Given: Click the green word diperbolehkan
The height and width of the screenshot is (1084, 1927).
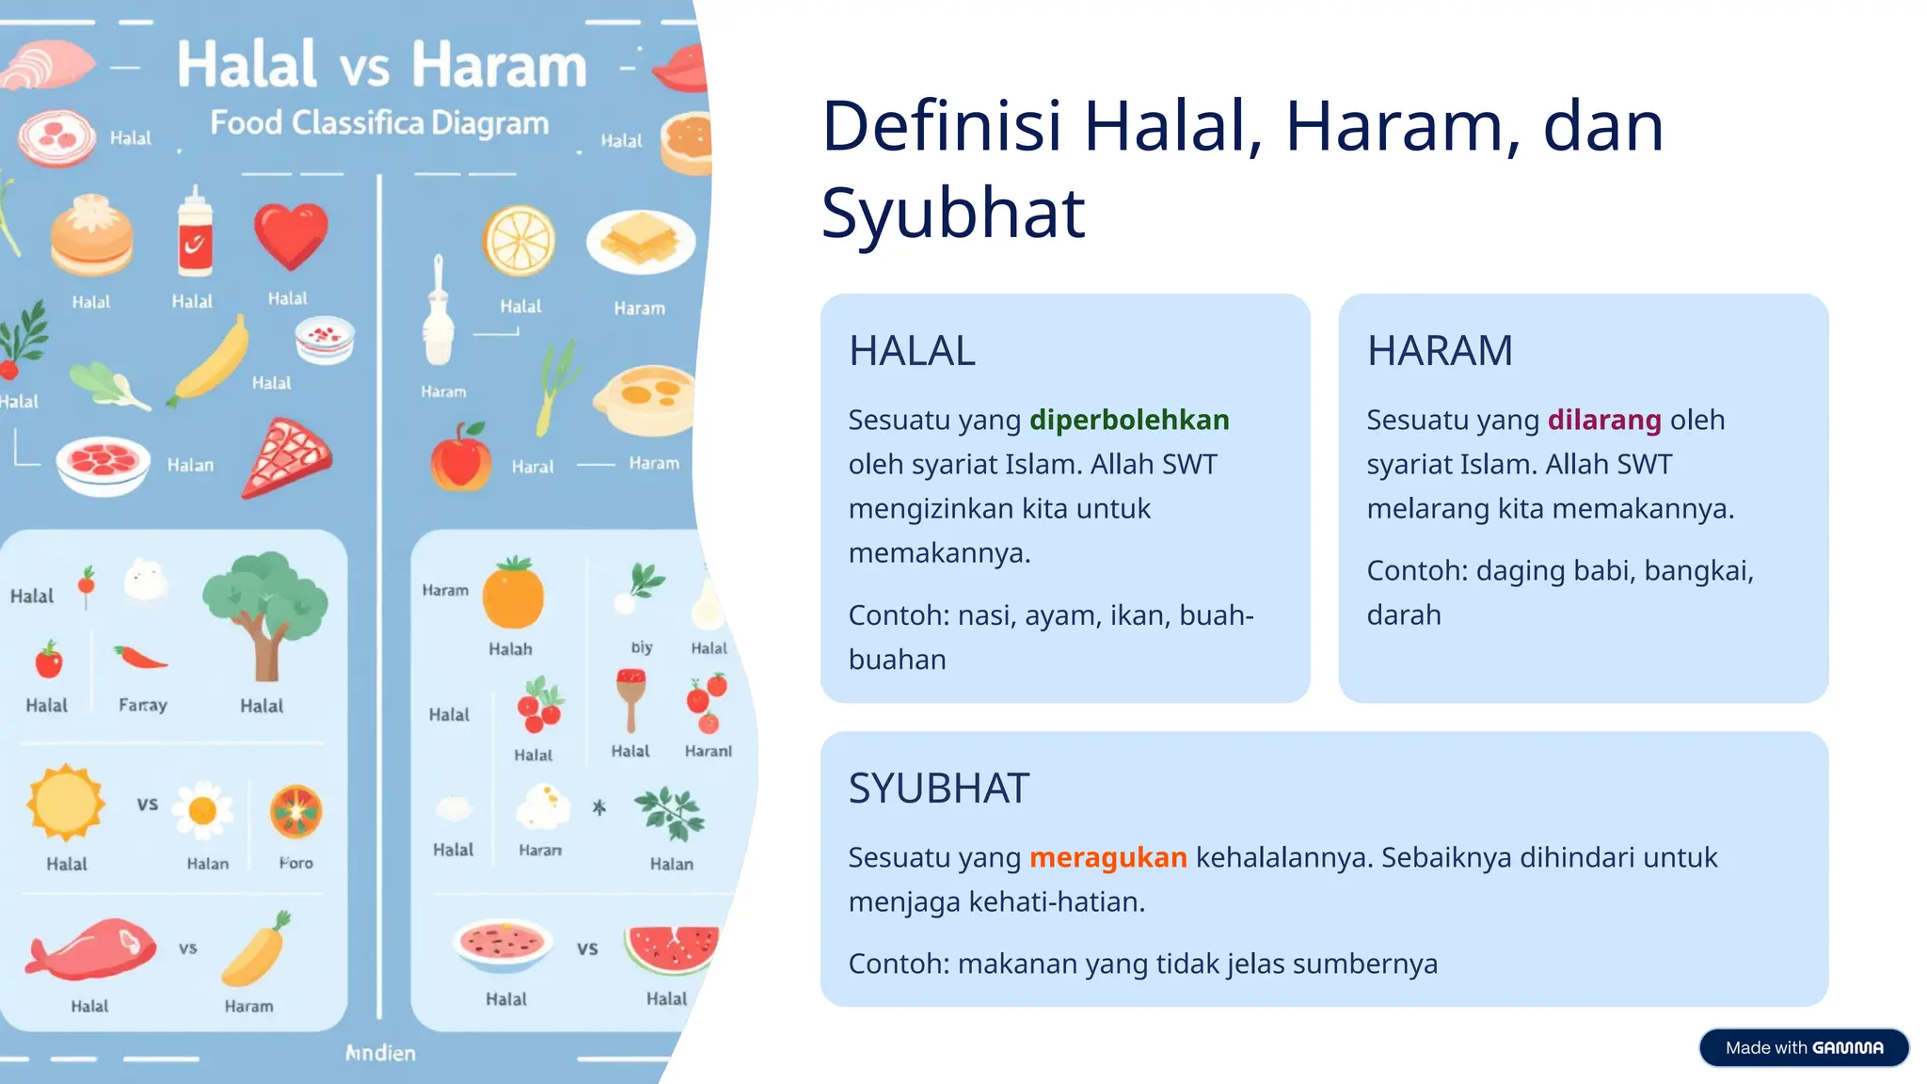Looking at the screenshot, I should pos(1129,420).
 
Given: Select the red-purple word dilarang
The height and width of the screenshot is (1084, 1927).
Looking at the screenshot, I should pos(1604,420).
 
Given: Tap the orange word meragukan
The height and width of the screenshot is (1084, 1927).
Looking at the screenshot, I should pos(1107,857).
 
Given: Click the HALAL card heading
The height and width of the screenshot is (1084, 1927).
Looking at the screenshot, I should pos(912,351).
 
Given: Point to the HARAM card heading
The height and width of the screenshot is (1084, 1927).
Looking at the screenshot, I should pos(1440,351).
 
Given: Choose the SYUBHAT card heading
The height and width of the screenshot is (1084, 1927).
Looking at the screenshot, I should pos(938,789).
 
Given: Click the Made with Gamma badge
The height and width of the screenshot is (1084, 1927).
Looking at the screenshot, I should pos(1803,1047).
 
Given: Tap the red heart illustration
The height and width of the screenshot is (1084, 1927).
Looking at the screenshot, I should pos(291,235).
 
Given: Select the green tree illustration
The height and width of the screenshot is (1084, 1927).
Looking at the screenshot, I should pos(265,612).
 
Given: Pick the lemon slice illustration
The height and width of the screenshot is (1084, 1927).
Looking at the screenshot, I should pos(518,241).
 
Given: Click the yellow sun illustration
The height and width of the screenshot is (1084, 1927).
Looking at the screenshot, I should pos(65,803).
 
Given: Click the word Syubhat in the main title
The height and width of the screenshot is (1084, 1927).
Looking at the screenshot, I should pos(952,214).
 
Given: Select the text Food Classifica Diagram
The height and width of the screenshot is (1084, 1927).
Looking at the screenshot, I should pos(378,123).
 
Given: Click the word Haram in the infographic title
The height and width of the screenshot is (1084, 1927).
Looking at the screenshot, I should pos(499,66).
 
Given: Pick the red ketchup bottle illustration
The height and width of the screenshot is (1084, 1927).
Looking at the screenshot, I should pos(196,235).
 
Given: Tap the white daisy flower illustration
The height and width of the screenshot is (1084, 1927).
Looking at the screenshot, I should pos(203,809).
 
